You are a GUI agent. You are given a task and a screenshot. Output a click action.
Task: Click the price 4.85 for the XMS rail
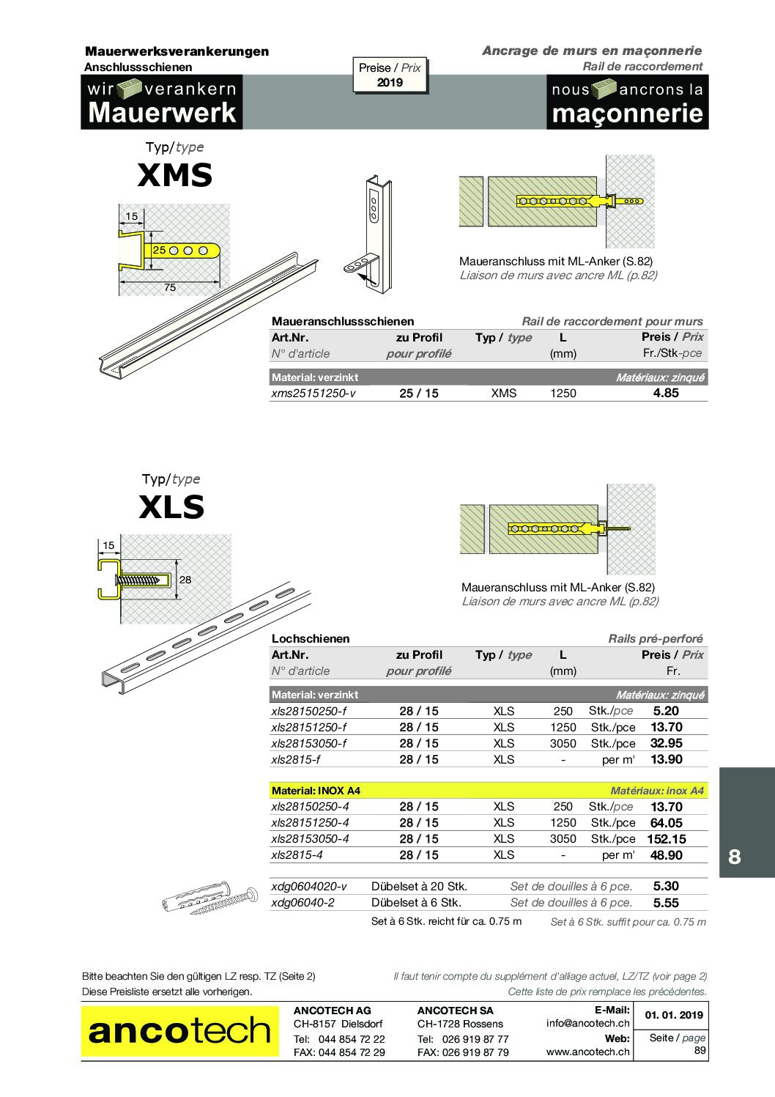(x=666, y=394)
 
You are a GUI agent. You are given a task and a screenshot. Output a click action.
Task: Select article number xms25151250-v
(x=314, y=394)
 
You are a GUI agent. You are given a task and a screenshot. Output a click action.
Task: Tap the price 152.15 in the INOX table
(x=667, y=839)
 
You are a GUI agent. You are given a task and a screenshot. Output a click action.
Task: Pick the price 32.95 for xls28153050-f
(x=667, y=743)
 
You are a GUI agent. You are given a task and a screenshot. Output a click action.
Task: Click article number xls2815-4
(x=297, y=855)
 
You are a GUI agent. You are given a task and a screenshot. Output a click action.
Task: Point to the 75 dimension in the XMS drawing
(x=170, y=287)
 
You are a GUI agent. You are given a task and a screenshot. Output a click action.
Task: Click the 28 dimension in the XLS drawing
(x=185, y=580)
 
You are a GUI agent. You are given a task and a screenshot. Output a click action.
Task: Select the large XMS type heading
(x=175, y=175)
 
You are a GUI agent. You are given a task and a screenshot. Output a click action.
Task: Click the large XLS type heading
(x=171, y=507)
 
